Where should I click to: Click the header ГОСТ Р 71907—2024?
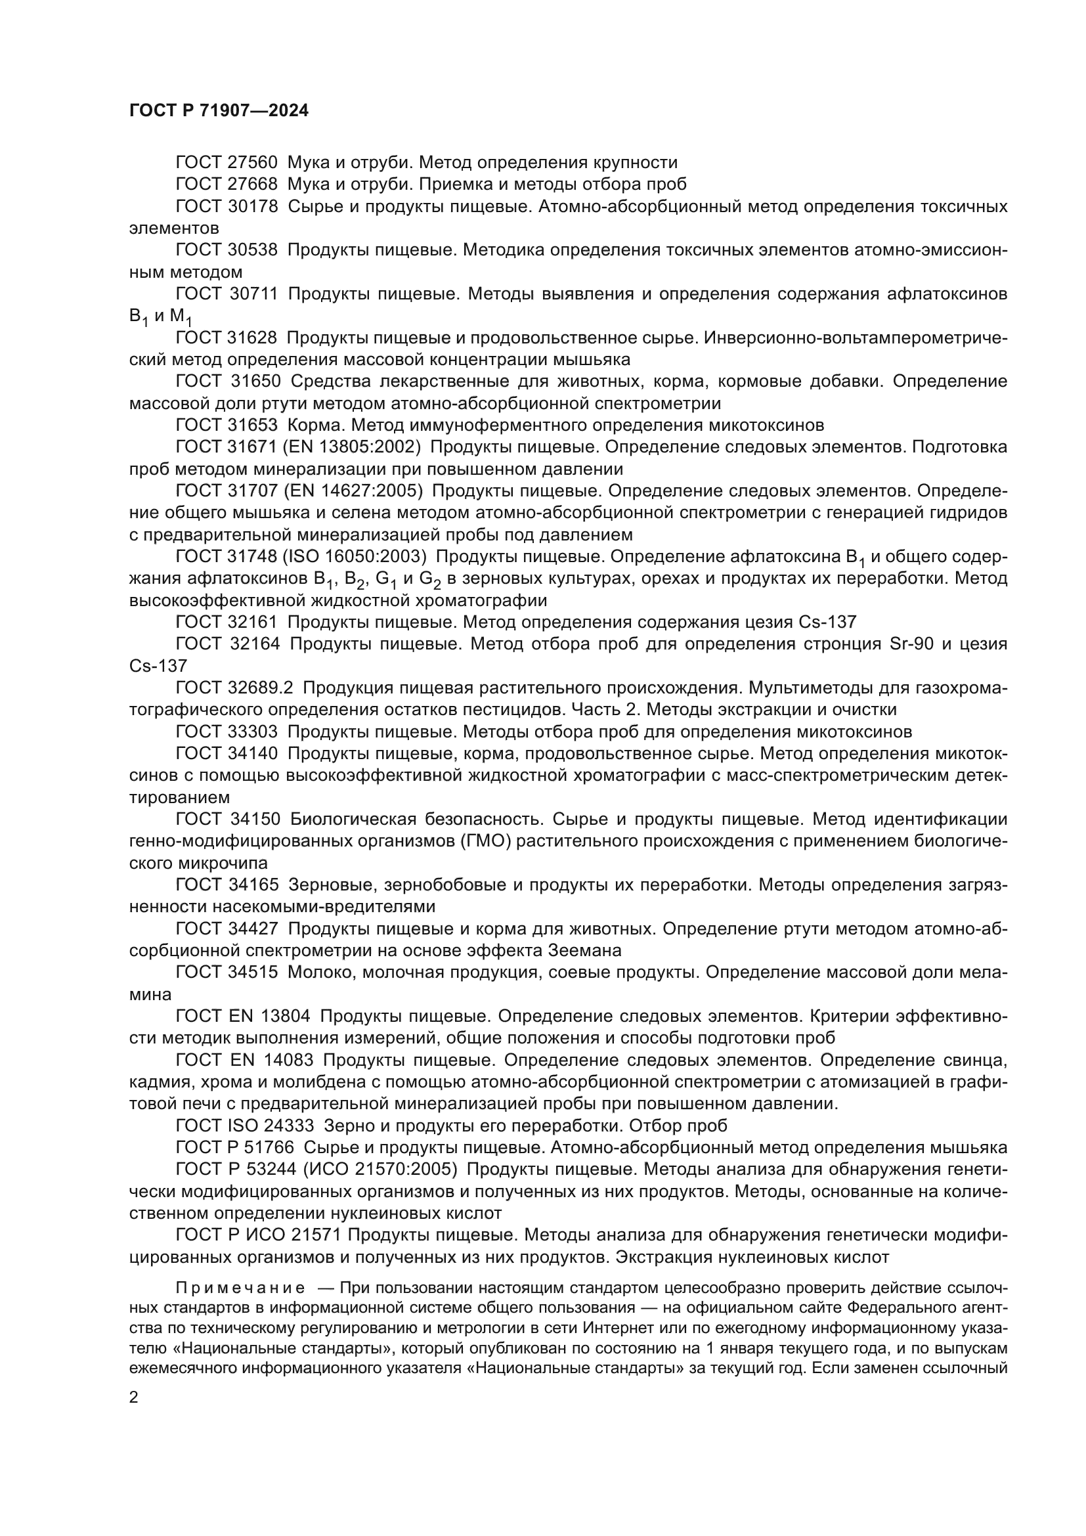point(219,111)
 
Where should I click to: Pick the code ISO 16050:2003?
point(360,557)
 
